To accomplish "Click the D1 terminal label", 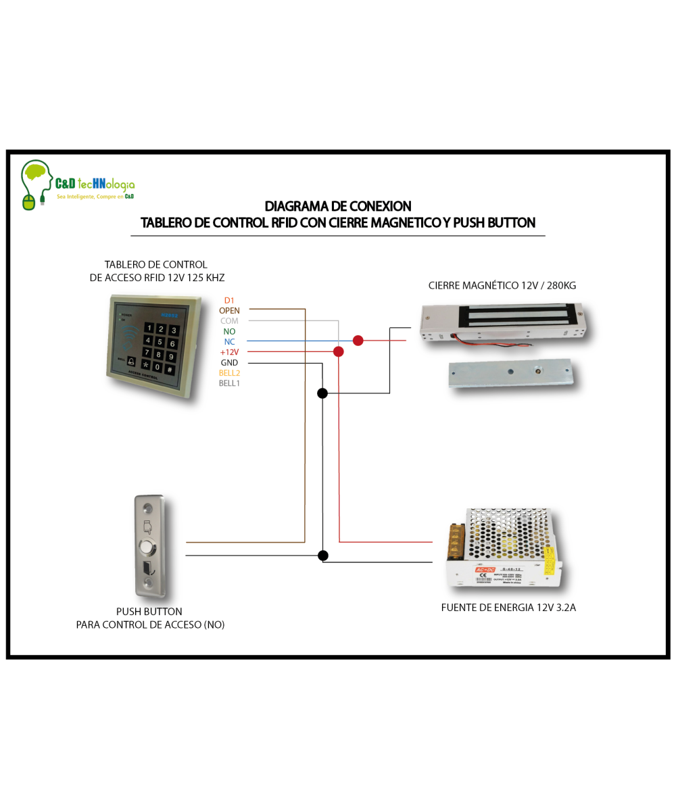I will tap(229, 300).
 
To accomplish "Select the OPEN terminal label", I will tap(229, 310).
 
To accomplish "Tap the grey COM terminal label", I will tap(229, 321).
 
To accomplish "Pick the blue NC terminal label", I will tap(229, 342).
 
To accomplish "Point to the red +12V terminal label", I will tap(229, 352).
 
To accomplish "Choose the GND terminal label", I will tap(229, 363).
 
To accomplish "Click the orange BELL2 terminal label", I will tap(229, 373).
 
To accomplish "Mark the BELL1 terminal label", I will tap(229, 383).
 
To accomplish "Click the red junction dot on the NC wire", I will tap(358, 341).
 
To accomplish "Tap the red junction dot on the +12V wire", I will tap(339, 351).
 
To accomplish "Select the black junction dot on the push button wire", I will tap(323, 556).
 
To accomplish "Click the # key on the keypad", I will tap(170, 368).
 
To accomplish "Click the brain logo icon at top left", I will tap(37, 176).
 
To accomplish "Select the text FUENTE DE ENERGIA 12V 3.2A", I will tap(508, 608).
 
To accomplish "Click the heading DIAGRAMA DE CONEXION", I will tap(337, 206).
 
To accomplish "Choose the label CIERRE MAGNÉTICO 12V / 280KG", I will tap(502, 286).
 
